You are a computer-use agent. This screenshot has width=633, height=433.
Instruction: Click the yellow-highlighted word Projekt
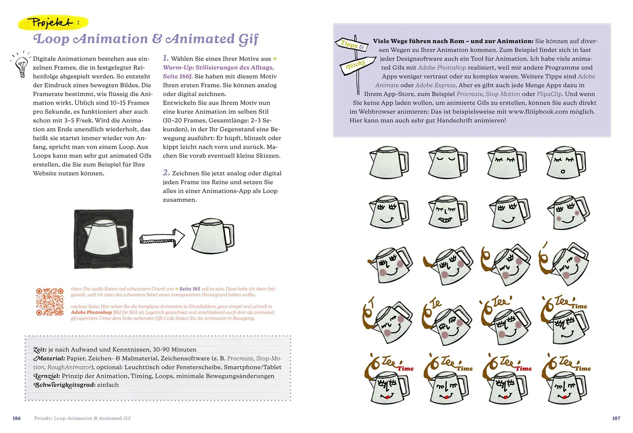pos(50,22)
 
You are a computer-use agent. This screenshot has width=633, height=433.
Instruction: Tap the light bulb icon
pos(21,65)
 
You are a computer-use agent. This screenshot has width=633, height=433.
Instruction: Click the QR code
pos(50,301)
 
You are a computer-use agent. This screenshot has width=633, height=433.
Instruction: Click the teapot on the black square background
pos(104,239)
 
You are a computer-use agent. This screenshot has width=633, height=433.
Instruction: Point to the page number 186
pos(16,418)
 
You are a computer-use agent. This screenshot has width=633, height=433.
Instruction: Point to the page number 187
pos(616,418)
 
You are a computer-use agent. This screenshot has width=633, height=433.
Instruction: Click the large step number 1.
pos(166,58)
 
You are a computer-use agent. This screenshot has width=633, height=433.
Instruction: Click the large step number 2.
pos(166,173)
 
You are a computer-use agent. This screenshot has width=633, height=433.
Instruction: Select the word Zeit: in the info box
pos(40,350)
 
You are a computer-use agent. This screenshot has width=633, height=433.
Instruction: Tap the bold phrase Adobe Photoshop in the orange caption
pos(91,312)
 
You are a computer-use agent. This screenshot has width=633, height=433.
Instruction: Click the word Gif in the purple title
pos(248,39)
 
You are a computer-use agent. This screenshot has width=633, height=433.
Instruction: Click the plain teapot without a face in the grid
pos(388,162)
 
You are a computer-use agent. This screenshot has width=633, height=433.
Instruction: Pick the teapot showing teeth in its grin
pos(447,212)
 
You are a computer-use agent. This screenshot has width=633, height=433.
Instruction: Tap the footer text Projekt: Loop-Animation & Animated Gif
pos(82,418)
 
